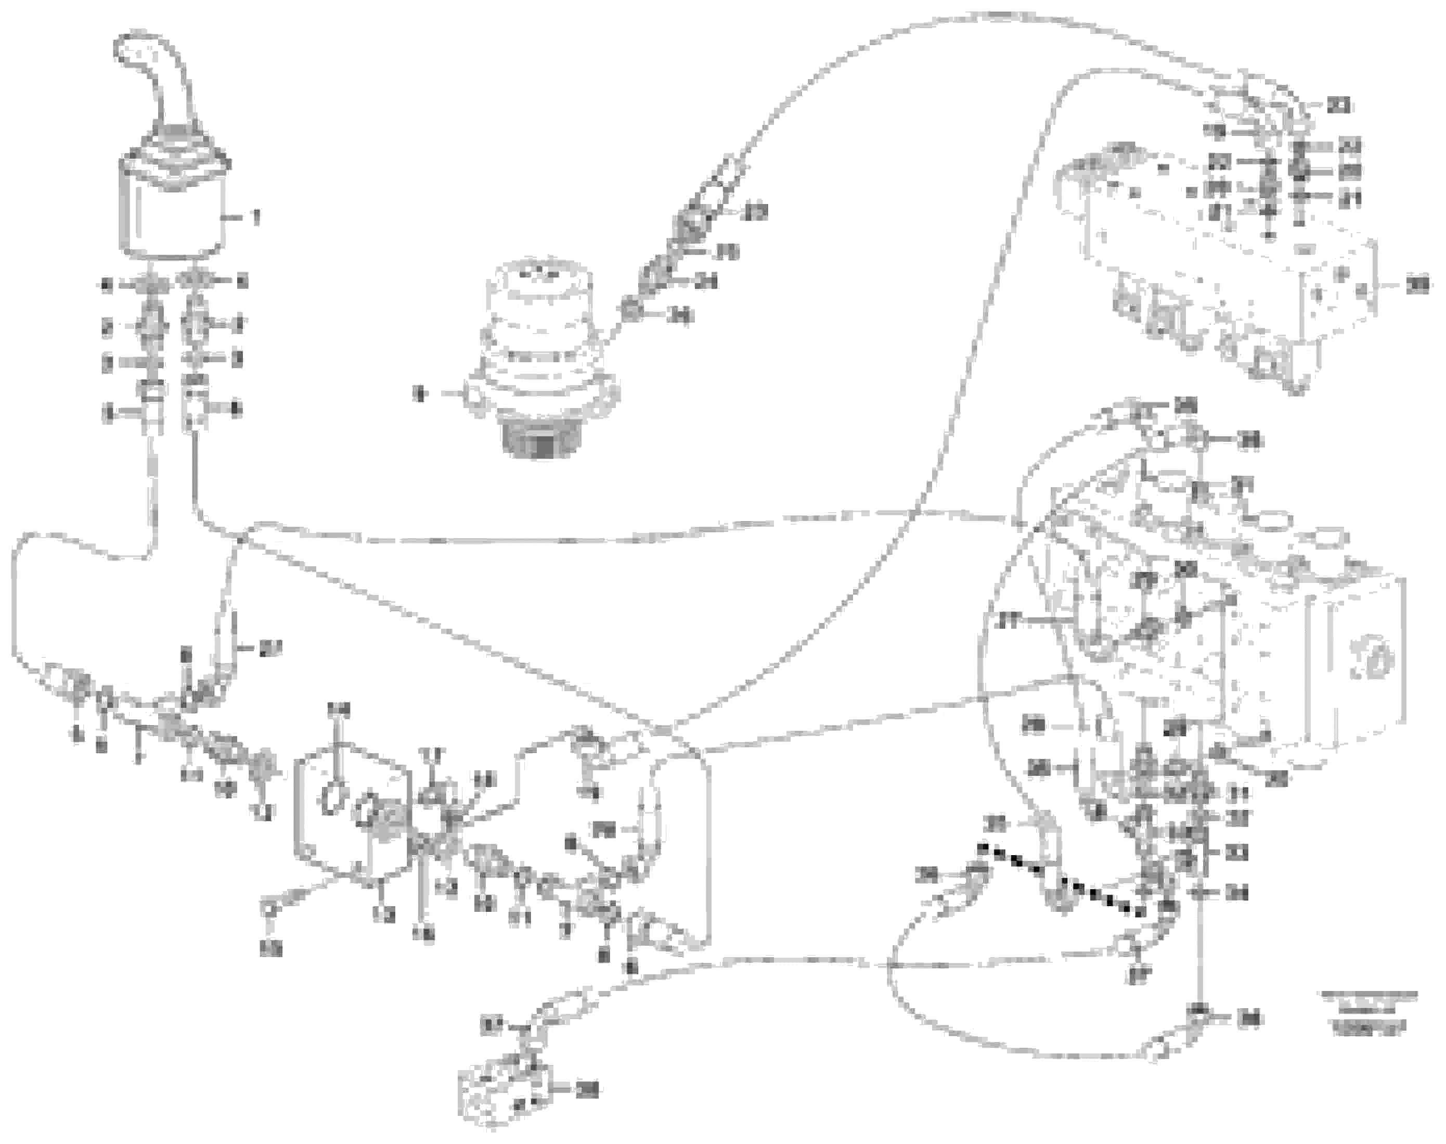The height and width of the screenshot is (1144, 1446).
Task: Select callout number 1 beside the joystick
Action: pos(255,217)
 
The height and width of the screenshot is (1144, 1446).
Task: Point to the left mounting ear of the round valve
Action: pos(473,397)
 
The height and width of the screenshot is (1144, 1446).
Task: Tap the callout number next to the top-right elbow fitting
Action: pos(1338,105)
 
